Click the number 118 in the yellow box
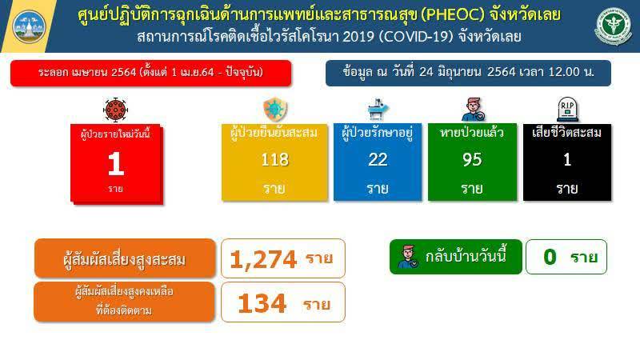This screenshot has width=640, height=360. click(x=274, y=159)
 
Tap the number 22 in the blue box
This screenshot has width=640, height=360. click(x=378, y=159)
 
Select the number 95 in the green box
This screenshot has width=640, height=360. click(x=472, y=159)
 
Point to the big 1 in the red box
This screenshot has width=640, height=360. click(x=116, y=164)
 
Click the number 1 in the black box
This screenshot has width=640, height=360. click(x=567, y=159)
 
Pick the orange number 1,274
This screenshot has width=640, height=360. click(x=263, y=259)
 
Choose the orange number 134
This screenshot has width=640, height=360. click(x=262, y=303)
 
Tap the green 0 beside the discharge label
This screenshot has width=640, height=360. click(x=550, y=257)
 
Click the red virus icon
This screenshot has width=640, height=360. click(x=115, y=110)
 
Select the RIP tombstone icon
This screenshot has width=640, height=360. click(x=567, y=110)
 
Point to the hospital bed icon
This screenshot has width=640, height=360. click(x=378, y=109)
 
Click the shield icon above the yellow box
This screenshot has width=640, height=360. click(x=275, y=110)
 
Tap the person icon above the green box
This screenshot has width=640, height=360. click(x=473, y=109)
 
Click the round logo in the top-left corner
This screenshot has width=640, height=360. click(x=29, y=26)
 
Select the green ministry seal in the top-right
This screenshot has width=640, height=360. click(x=613, y=26)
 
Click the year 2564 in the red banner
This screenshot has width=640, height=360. click(x=124, y=73)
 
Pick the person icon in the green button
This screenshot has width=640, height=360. click(x=408, y=257)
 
